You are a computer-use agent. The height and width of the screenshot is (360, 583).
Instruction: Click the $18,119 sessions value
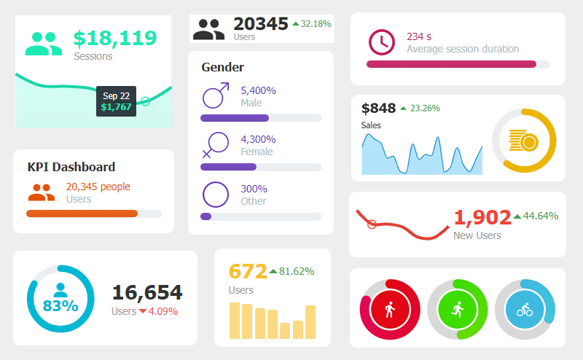pyautogui.click(x=115, y=38)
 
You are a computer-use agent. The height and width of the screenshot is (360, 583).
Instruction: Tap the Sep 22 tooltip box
pyautogui.click(x=116, y=101)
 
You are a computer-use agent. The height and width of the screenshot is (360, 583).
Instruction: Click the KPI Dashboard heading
pyautogui.click(x=71, y=167)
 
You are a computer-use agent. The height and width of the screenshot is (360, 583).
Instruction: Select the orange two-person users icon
pyautogui.click(x=42, y=192)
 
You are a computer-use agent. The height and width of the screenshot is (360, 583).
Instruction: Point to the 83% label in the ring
pyautogui.click(x=60, y=305)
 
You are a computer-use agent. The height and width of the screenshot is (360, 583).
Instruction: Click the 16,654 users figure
pyautogui.click(x=147, y=293)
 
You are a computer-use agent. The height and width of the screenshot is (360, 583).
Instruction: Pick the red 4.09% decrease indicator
pyautogui.click(x=158, y=311)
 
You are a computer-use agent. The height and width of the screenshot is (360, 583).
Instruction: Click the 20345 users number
pyautogui.click(x=261, y=24)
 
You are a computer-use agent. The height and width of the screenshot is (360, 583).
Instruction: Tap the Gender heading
pyautogui.click(x=222, y=67)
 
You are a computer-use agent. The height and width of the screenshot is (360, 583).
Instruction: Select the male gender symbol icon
pyautogui.click(x=215, y=96)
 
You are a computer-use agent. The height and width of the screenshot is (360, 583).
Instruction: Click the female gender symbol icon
pyautogui.click(x=215, y=144)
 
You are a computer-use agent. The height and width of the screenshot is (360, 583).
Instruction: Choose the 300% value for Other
pyautogui.click(x=254, y=189)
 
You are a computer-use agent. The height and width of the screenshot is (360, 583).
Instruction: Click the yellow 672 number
pyautogui.click(x=248, y=271)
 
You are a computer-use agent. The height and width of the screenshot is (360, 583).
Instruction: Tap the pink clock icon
pyautogui.click(x=381, y=42)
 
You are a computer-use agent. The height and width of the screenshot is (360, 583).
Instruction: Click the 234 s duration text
pyautogui.click(x=419, y=36)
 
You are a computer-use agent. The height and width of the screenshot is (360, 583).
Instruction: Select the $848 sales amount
pyautogui.click(x=379, y=108)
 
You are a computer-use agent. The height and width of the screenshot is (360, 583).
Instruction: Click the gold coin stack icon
pyautogui.click(x=523, y=141)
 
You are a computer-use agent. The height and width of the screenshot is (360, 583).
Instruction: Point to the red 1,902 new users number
pyautogui.click(x=481, y=216)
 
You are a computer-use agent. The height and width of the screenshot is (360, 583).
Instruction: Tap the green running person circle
pyautogui.click(x=457, y=309)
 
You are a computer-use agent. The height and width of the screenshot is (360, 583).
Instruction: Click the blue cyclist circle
pyautogui.click(x=525, y=309)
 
